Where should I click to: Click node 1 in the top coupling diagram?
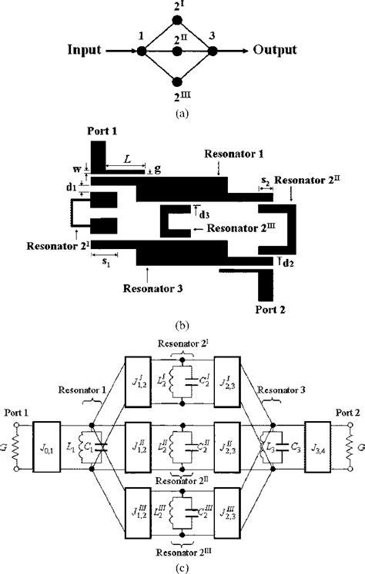click(141, 51)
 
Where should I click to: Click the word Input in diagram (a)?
click(85, 51)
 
